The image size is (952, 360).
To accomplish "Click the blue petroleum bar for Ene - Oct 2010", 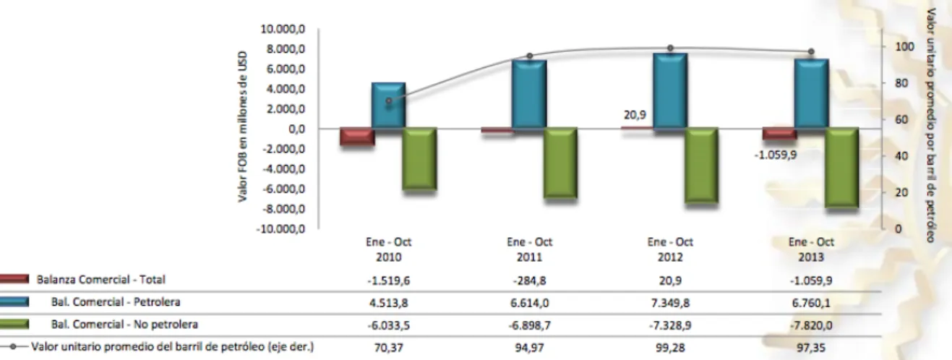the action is click(388, 105).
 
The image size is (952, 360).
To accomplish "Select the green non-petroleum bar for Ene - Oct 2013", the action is click(842, 168).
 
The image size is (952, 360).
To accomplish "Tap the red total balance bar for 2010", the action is click(357, 137).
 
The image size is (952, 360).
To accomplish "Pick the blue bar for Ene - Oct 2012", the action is click(670, 90).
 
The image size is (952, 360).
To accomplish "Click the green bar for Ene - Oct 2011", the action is click(560, 163).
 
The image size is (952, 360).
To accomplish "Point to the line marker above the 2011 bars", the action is click(530, 56).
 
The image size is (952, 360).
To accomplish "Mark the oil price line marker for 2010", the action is click(388, 101).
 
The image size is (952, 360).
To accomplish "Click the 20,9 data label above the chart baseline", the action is click(635, 115).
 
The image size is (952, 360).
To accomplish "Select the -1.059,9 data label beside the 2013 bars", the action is click(776, 155).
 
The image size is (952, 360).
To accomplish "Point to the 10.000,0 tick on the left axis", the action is click(283, 29).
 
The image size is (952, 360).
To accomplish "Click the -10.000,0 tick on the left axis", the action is click(280, 229).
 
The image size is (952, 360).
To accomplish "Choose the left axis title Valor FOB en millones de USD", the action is click(242, 127).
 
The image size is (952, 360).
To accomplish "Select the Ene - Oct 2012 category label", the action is click(670, 249).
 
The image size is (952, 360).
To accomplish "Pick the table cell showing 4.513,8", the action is click(388, 303).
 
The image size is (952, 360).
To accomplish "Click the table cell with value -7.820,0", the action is click(811, 325).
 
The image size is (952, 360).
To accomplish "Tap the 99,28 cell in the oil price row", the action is click(670, 348).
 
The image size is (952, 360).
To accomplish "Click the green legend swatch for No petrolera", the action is click(14, 325).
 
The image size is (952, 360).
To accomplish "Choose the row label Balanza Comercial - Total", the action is click(100, 280).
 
